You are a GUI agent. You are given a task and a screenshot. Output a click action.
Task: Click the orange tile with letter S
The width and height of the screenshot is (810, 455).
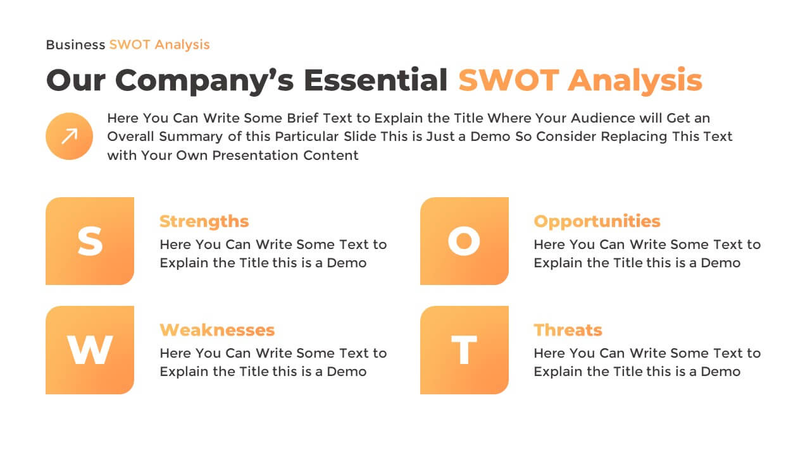tap(90, 241)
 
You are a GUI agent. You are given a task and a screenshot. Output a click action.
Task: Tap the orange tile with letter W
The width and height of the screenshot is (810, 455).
tap(90, 349)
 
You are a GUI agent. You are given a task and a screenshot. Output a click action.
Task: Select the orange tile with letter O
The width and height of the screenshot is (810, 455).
tap(464, 241)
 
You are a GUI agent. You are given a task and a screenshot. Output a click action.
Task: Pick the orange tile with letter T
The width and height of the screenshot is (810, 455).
tap(464, 349)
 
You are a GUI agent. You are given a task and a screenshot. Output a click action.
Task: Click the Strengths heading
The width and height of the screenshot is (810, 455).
tap(204, 221)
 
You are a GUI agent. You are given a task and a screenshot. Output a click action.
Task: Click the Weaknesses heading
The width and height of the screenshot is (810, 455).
tap(217, 330)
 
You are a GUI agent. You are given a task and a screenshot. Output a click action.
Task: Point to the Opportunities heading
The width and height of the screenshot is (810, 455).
tap(597, 221)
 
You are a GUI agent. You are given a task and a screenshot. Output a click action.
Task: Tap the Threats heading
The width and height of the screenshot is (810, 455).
tap(568, 330)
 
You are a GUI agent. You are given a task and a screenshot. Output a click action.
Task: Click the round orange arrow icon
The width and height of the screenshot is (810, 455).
tap(70, 136)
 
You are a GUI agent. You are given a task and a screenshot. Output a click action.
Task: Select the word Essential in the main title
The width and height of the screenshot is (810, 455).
tap(375, 81)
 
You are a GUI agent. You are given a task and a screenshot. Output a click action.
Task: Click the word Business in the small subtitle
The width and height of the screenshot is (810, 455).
tap(75, 45)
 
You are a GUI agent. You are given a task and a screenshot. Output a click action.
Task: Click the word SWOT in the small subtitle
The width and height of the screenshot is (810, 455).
tap(130, 45)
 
